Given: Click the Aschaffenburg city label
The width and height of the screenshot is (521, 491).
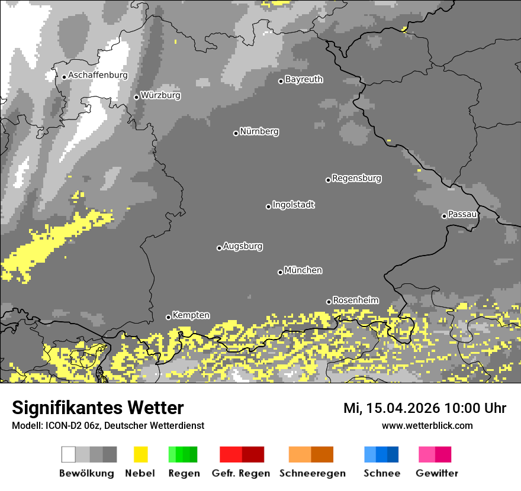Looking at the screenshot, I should coord(98,76).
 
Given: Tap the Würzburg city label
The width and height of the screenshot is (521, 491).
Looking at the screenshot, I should coord(160,95).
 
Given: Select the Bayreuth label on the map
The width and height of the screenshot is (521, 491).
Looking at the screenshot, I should coord(304,79).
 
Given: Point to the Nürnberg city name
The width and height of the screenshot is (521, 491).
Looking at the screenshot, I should coord(259,132).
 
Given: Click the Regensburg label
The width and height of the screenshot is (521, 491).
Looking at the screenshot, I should coord(356,178).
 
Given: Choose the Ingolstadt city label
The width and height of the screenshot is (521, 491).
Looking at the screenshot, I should coord(294,205).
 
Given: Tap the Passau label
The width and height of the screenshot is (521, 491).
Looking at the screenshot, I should coord(462,214).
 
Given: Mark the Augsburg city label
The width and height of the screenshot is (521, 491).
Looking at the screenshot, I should coord(243,247).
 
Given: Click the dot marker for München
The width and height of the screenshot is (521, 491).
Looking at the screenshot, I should coord(281,272).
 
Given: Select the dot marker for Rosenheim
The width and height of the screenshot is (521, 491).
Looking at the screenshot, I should coord(329,302).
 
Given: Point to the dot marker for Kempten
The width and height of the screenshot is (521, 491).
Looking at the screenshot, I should coord(168,317).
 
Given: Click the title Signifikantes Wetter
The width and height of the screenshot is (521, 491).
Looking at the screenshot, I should coord(98,408).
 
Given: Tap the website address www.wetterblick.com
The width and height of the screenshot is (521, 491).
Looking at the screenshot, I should coord(427,426).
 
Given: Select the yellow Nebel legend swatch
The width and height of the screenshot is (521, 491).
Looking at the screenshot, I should coord(140,454).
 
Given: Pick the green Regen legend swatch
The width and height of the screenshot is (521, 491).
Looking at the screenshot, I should coord(183,454).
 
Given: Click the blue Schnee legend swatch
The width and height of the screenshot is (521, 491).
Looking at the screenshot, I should coord(381,454).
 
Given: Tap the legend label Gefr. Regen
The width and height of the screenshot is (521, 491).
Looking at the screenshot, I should coord(242,473).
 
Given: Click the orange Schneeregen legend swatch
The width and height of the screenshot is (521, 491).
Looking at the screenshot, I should coord(311,454).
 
